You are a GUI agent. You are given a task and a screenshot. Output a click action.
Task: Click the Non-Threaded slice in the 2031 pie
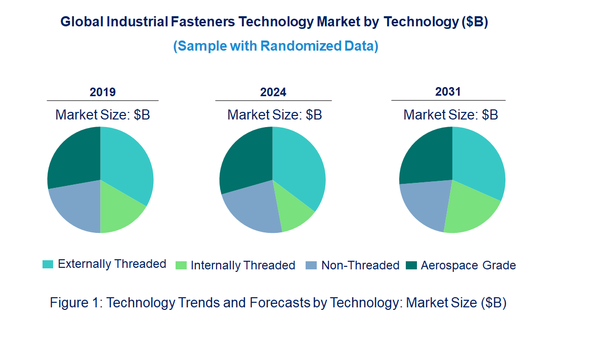click(424, 205)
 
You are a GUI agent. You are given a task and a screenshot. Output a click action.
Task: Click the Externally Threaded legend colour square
click(48, 264)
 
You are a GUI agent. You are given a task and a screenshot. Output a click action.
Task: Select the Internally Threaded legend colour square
click(181, 265)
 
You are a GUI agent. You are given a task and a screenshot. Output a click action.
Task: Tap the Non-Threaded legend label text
click(360, 265)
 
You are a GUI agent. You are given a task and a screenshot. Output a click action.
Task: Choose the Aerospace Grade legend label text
click(468, 265)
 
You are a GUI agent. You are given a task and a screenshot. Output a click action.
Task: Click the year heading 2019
click(103, 92)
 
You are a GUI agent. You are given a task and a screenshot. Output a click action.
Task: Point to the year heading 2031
click(448, 92)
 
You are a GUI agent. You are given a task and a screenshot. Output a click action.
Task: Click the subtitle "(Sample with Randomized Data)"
click(276, 46)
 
